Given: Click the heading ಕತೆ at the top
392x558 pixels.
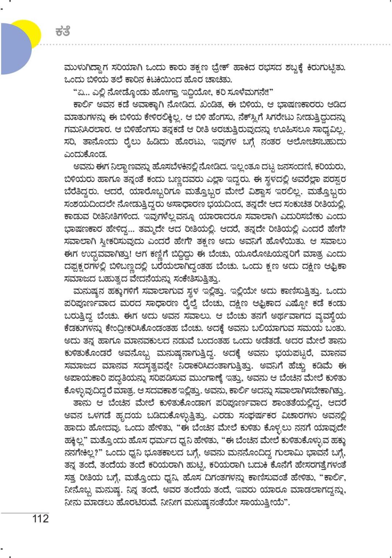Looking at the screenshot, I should (x=63, y=31).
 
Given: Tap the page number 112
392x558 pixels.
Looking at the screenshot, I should (x=40, y=518).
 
